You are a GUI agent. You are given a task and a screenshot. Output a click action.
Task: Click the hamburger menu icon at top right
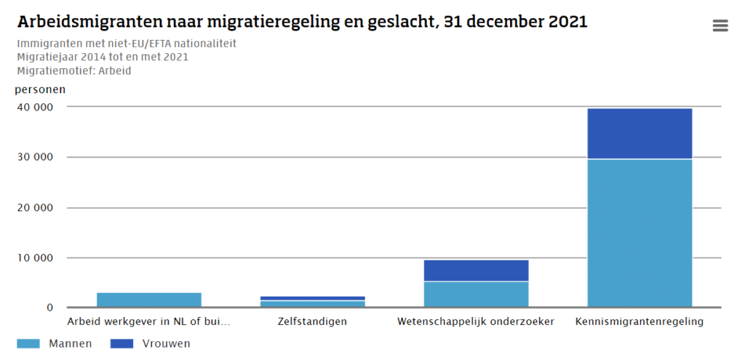point(720,26)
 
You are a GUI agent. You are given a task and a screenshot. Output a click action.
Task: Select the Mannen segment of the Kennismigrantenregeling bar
point(640,233)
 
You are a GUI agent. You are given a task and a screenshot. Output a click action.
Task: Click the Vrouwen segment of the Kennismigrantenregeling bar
point(640,134)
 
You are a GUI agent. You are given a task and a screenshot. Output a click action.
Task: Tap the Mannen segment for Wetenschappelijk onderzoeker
point(476,294)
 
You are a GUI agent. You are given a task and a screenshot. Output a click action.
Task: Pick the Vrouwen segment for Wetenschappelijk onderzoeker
point(476,271)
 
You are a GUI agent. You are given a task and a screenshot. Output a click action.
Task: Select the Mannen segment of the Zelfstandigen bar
point(313,303)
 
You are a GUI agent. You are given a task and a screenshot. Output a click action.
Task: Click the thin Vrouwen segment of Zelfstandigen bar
point(313,298)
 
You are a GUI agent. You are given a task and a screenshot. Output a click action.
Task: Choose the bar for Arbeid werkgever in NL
point(149,300)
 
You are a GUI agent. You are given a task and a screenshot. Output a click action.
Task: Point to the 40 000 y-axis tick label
point(34,107)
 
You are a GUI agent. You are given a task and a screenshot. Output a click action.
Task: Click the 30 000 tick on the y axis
point(34,157)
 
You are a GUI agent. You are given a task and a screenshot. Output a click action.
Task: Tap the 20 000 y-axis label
point(34,207)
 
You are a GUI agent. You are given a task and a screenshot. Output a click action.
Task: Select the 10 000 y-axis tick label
point(34,257)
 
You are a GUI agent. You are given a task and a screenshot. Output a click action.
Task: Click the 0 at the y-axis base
point(50,308)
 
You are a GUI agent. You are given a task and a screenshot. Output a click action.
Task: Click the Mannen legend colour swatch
point(28,343)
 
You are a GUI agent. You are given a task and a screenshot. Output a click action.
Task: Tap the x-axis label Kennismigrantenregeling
point(639,321)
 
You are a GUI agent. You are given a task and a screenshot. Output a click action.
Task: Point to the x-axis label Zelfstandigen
point(313,321)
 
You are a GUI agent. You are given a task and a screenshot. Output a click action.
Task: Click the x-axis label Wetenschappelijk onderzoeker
point(476,321)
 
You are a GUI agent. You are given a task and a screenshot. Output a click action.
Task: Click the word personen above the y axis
point(40,90)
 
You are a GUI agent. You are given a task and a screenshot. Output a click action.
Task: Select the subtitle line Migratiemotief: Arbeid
point(73,71)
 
